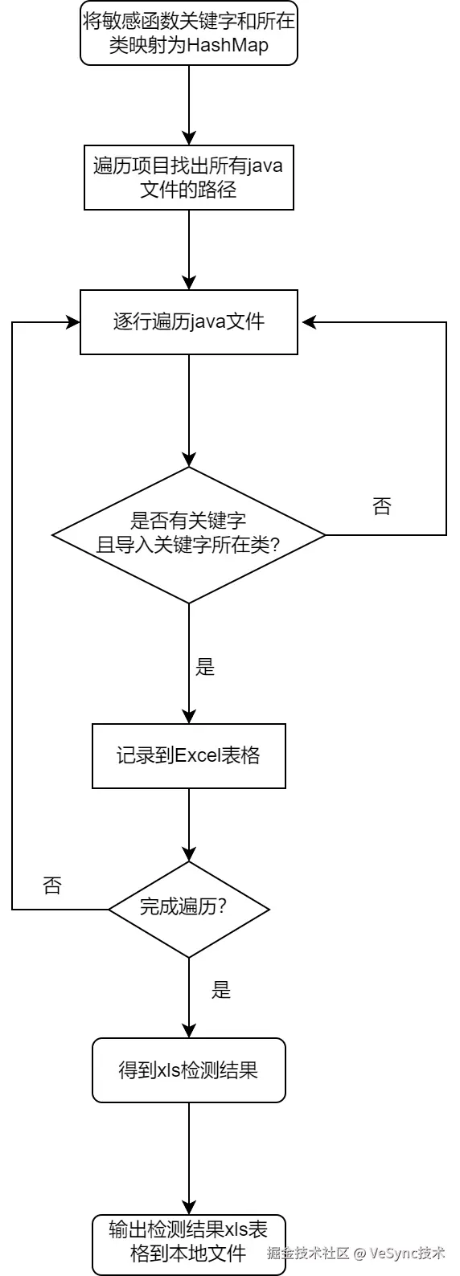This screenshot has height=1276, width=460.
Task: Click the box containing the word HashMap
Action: pos(189,33)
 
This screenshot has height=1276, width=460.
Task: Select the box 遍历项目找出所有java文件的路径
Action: pos(189,178)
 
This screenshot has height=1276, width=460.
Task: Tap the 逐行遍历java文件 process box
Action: pos(189,322)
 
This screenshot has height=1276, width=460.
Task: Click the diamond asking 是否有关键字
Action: pos(189,534)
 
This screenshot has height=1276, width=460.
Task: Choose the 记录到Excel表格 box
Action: pos(189,756)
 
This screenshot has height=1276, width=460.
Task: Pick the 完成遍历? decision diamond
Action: pos(189,909)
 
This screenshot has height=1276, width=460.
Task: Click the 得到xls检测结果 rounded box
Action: pos(189,1070)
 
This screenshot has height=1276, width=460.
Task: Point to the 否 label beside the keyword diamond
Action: pos(382,506)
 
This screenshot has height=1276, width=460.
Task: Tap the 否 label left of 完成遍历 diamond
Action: pos(52,886)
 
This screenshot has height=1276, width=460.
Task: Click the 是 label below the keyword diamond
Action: pos(206,667)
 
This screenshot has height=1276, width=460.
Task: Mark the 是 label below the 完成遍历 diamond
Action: pos(221,991)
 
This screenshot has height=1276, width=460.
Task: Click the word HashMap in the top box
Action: pos(228,46)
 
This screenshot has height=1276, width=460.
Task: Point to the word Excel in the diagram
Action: pos(196,756)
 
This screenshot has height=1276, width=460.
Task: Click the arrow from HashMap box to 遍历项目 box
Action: pos(189,104)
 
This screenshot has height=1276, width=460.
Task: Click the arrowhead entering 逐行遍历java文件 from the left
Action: pos(72,322)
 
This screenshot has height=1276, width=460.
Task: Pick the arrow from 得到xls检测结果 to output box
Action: pos(189,1157)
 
